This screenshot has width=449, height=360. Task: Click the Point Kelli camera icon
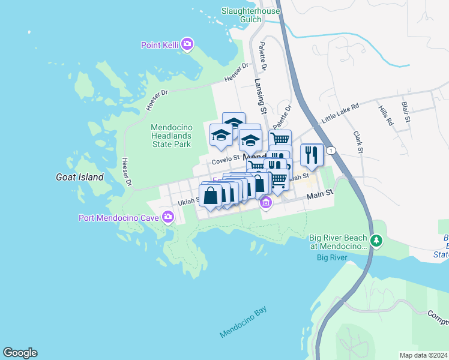point(187,44)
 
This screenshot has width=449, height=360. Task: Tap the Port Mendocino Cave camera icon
point(167,218)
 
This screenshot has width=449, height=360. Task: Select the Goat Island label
point(79,177)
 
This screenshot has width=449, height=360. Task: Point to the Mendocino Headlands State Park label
point(170,136)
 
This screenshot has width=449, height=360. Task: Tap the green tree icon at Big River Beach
point(376,241)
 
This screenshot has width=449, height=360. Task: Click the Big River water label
point(332,258)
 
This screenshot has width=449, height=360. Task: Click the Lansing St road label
point(259,97)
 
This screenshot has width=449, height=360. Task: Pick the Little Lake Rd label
point(340,113)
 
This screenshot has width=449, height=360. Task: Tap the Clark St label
point(358,142)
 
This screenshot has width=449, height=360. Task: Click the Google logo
point(20,353)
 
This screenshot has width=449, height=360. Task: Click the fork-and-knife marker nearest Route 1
point(312,155)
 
